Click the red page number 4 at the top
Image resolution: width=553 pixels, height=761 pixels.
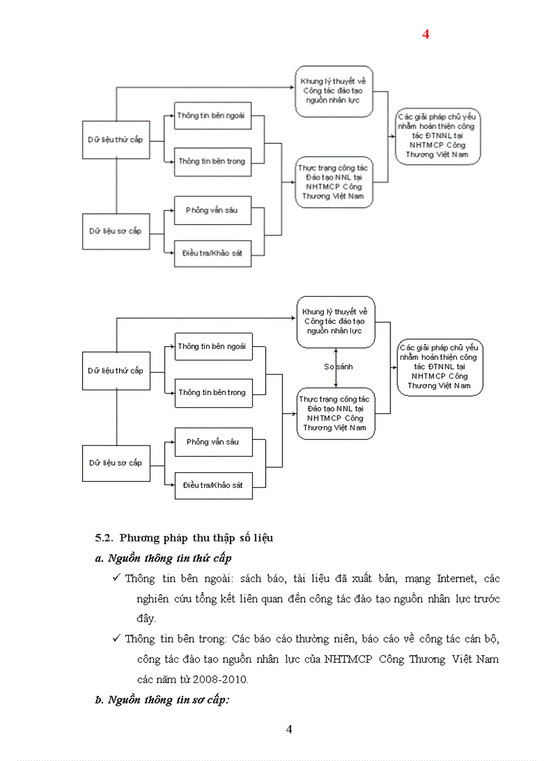[x=426, y=35]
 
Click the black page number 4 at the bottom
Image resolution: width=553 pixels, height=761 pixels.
[x=289, y=729]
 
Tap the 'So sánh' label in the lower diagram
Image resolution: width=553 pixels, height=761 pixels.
[x=338, y=367]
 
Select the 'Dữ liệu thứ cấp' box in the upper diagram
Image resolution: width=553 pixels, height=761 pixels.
[x=116, y=140]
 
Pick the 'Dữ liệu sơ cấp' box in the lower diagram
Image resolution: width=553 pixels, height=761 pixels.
[x=116, y=463]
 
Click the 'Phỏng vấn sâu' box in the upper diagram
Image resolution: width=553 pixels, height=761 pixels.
[x=212, y=210]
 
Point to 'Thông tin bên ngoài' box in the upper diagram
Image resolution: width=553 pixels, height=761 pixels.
[x=212, y=116]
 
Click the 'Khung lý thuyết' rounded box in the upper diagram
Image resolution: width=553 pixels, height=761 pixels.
[x=334, y=91]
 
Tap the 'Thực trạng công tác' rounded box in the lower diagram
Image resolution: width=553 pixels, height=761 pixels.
[x=335, y=413]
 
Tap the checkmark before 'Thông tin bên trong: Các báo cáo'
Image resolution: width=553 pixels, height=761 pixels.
[x=116, y=639]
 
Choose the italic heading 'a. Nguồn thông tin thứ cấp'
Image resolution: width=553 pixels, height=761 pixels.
[x=163, y=558]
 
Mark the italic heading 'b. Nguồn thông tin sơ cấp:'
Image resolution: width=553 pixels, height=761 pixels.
[x=163, y=700]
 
